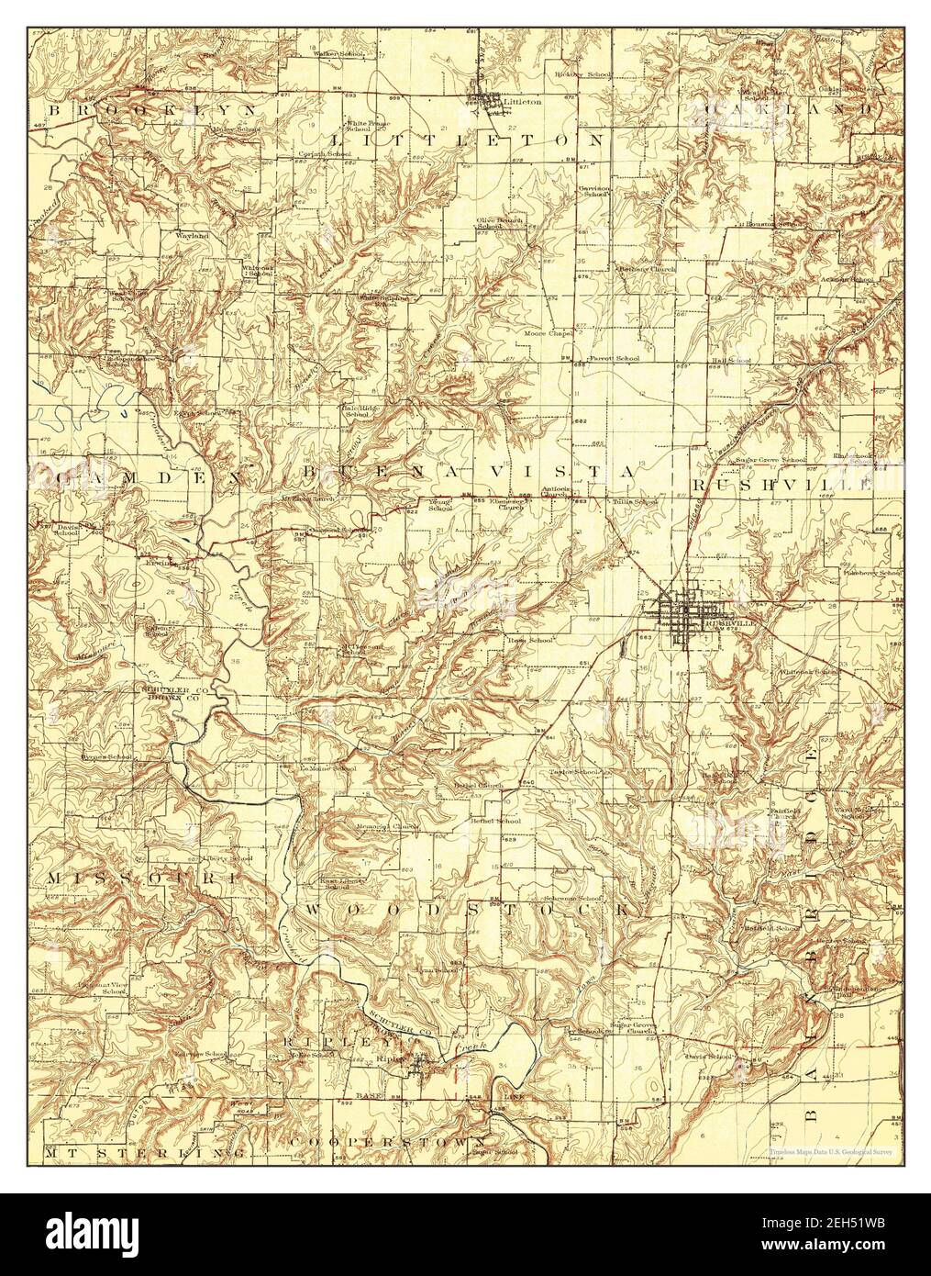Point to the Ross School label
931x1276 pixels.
(x=529, y=639)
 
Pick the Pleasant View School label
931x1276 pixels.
(x=101, y=986)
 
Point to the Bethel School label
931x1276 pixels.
(x=495, y=820)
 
